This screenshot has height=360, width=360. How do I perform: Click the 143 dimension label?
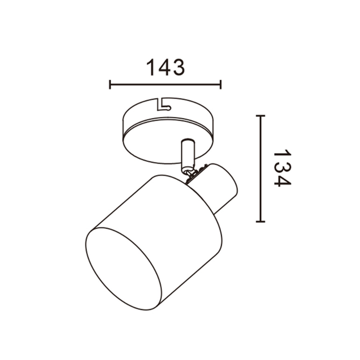click(x=166, y=67)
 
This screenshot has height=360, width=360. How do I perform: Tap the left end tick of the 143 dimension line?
click(x=110, y=84)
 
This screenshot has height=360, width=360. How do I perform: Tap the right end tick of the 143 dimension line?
click(x=221, y=84)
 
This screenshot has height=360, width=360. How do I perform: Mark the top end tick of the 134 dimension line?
click(x=260, y=116)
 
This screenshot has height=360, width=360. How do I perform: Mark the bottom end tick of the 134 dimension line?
click(x=260, y=222)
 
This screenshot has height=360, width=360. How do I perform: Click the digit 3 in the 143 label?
click(x=178, y=67)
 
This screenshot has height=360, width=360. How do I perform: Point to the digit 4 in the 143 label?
click(x=165, y=67)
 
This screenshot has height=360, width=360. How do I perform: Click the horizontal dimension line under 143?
click(x=166, y=84)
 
